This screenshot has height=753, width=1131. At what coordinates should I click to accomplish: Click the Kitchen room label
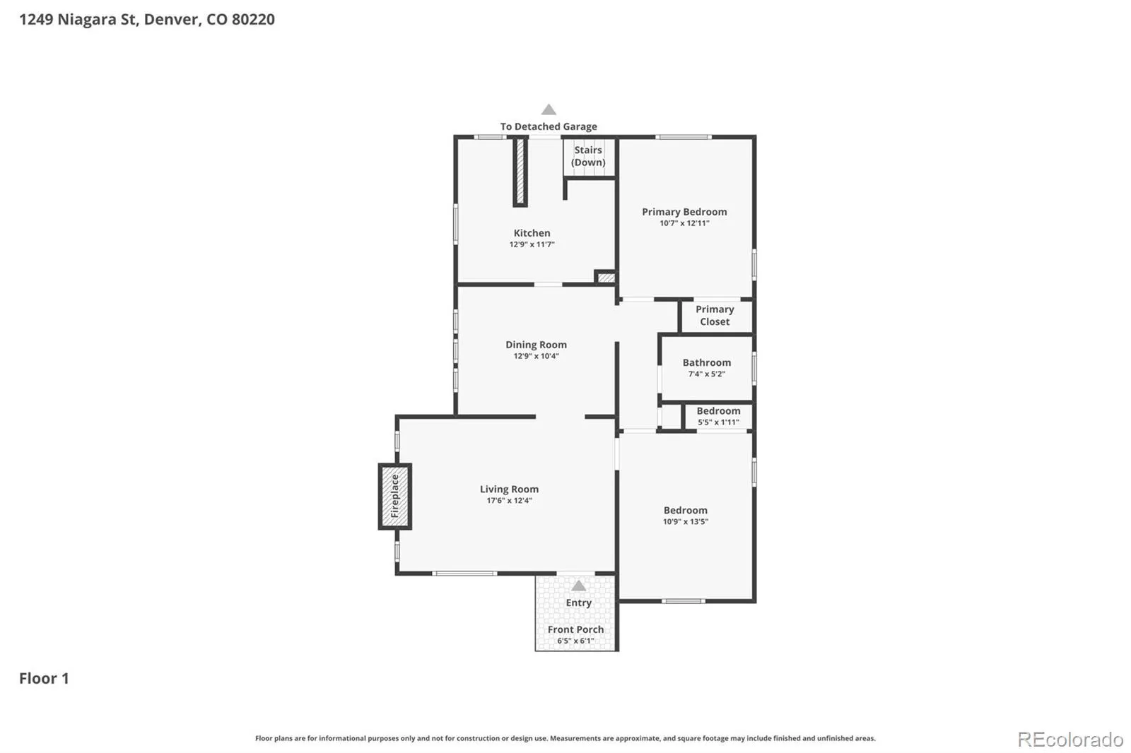pyautogui.click(x=532, y=232)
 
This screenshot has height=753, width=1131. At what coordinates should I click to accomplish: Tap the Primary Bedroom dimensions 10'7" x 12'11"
pyautogui.click(x=684, y=223)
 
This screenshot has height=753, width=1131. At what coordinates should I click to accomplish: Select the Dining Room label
pyautogui.click(x=536, y=344)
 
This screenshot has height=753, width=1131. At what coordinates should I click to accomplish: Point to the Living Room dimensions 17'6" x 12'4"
pyautogui.click(x=509, y=501)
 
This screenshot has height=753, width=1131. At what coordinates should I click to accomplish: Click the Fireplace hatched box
pyautogui.click(x=395, y=497)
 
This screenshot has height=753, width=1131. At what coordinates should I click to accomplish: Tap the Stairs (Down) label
pyautogui.click(x=588, y=156)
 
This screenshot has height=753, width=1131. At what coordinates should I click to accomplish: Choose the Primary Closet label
pyautogui.click(x=715, y=316)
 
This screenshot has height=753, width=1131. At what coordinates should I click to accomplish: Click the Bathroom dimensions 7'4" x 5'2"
pyautogui.click(x=706, y=374)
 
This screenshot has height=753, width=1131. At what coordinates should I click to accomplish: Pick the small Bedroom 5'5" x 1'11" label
pyautogui.click(x=718, y=416)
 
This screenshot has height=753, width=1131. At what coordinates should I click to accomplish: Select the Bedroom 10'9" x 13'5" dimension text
pyautogui.click(x=685, y=522)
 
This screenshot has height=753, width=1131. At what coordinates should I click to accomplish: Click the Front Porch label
pyautogui.click(x=575, y=629)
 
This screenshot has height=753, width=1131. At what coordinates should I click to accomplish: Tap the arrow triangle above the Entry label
pyautogui.click(x=579, y=586)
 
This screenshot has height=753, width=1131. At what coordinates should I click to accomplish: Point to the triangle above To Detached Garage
pyautogui.click(x=549, y=109)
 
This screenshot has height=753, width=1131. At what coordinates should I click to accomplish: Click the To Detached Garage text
pyautogui.click(x=549, y=126)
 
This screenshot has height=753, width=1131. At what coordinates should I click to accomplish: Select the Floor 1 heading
pyautogui.click(x=44, y=678)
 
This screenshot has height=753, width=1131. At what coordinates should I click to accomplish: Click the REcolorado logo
pyautogui.click(x=1070, y=740)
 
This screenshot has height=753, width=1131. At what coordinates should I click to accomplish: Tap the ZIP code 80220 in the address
pyautogui.click(x=254, y=19)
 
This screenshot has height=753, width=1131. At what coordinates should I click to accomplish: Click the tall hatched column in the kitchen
pyautogui.click(x=520, y=172)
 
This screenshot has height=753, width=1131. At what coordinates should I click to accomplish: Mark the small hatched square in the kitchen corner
pyautogui.click(x=605, y=278)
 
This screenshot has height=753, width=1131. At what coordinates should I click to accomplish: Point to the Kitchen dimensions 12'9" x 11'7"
pyautogui.click(x=532, y=244)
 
